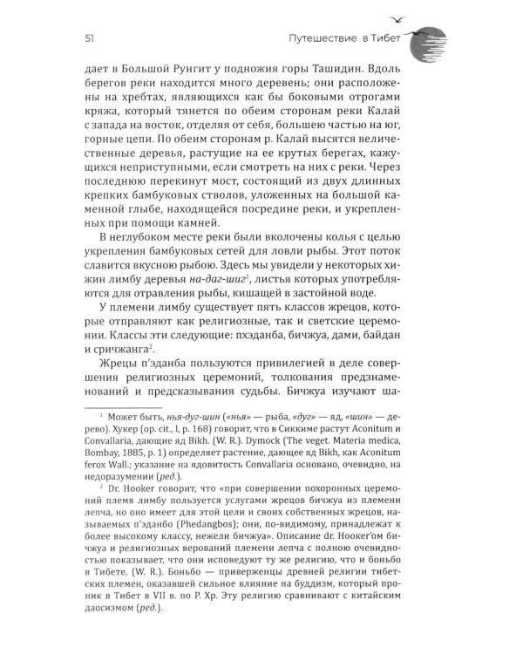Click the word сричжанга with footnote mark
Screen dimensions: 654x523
[113, 375]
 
